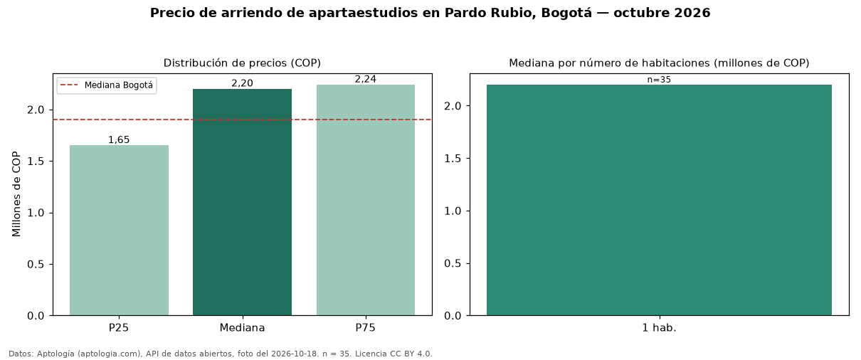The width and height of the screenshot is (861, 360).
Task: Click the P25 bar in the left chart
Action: point(119,230)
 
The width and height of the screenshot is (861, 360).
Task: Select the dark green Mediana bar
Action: point(242,202)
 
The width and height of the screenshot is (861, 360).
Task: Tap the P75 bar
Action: point(366,200)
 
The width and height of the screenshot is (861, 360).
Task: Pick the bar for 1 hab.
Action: point(659,200)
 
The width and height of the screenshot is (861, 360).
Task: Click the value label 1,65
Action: point(119,140)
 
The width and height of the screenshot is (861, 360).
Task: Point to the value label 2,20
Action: point(242,83)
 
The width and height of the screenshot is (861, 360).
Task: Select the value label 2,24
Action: point(366,79)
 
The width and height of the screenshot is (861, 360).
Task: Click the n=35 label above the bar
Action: point(659,80)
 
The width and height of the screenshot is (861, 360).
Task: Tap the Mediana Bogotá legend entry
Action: point(107,85)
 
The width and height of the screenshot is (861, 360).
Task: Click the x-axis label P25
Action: point(119,328)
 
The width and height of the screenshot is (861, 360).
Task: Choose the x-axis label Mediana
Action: point(242,328)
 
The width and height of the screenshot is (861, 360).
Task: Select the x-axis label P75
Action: point(366,328)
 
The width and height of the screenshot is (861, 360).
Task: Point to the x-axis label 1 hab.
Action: point(659,328)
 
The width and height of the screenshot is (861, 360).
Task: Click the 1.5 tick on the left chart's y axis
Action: point(36,162)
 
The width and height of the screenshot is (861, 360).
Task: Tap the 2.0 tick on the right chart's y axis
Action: point(453,106)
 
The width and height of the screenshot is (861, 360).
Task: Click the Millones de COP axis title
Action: point(16,194)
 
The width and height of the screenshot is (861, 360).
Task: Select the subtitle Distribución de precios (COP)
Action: point(242,63)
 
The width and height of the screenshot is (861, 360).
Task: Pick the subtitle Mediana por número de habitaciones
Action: point(609,63)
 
